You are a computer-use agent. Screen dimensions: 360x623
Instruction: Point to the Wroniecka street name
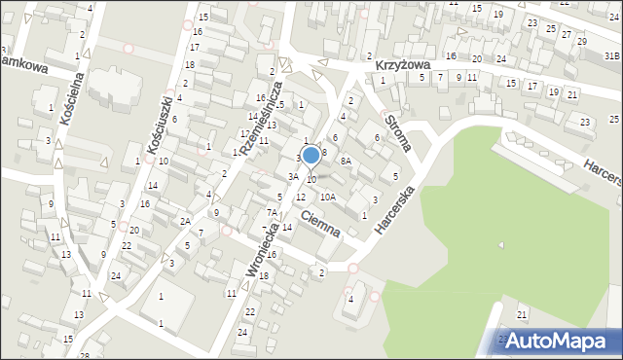[x=266, y=250]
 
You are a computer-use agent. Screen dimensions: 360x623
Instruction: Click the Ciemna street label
[x=320, y=224]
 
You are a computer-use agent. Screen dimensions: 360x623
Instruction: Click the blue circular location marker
[x=311, y=154]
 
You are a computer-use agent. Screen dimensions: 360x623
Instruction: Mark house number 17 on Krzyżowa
[x=531, y=86]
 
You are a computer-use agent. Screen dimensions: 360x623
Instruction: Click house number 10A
[x=328, y=197]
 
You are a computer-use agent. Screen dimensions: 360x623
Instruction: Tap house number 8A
[x=345, y=162]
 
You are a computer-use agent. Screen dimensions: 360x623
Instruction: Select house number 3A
[x=292, y=176]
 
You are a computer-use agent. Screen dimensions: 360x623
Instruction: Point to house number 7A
[x=273, y=212]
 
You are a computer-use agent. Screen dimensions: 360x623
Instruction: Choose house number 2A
[x=184, y=221]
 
